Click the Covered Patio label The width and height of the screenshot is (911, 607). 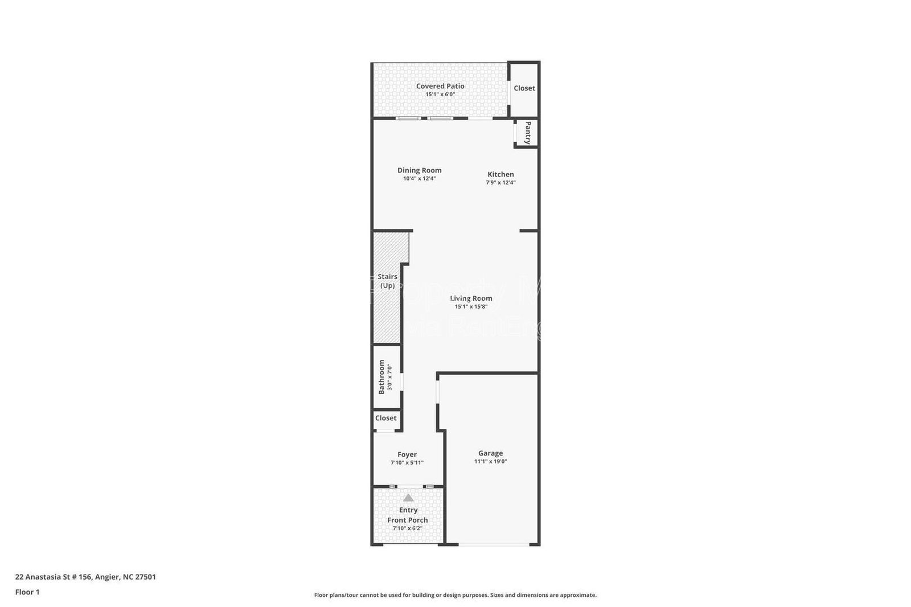click(440, 86)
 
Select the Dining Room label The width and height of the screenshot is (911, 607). click(419, 170)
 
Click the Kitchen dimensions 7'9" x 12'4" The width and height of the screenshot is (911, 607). click(500, 183)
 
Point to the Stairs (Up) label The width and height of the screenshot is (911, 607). click(387, 281)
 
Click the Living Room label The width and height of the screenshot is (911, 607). click(471, 298)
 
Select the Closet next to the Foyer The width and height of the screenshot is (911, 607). click(385, 418)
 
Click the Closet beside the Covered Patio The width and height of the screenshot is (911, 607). click(524, 88)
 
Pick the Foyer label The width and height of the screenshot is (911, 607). click(407, 454)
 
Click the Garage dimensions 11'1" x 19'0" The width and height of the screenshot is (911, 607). click(490, 462)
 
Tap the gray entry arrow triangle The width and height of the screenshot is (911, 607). click(408, 498)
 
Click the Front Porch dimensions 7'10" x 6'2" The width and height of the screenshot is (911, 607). click(407, 528)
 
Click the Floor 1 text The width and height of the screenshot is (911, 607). click(27, 592)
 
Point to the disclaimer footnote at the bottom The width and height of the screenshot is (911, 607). click(455, 595)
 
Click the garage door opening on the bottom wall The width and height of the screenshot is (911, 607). click(494, 544)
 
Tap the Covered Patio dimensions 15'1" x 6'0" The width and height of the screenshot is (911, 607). click(440, 95)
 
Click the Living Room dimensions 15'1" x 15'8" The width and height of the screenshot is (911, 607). click(471, 307)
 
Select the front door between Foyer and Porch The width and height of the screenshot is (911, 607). click(409, 486)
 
